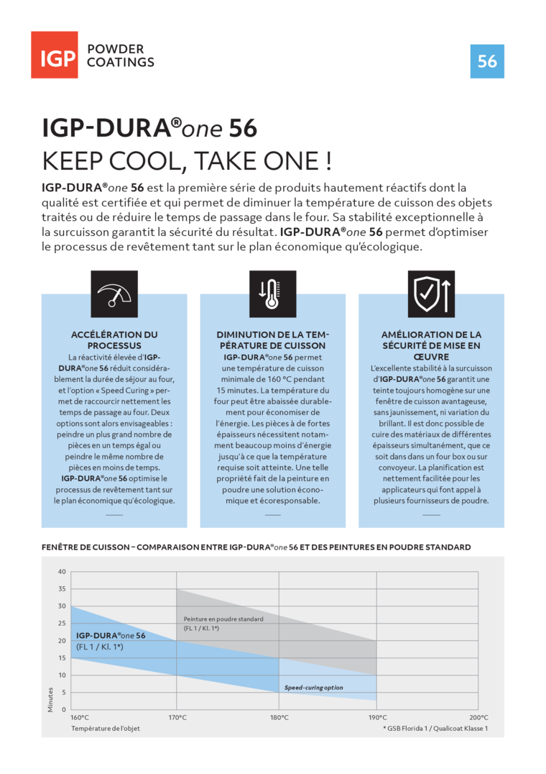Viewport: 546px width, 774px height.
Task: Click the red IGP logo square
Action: pyautogui.click(x=55, y=55)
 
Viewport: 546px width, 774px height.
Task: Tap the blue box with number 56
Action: pyautogui.click(x=487, y=61)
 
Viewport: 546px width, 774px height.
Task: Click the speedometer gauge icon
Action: pyautogui.click(x=114, y=293)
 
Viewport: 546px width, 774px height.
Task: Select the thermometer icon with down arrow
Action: pyautogui.click(x=272, y=293)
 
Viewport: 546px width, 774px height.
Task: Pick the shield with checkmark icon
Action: pyautogui.click(x=431, y=293)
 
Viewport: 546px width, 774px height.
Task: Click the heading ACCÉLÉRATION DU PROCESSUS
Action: pyautogui.click(x=114, y=340)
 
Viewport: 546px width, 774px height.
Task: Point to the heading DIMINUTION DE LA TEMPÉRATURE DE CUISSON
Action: pyautogui.click(x=272, y=340)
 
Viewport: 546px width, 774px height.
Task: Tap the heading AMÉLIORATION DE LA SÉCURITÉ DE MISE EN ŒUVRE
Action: pyautogui.click(x=431, y=345)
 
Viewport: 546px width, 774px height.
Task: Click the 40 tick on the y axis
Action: pyautogui.click(x=62, y=572)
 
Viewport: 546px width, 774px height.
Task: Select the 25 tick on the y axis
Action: pyautogui.click(x=62, y=624)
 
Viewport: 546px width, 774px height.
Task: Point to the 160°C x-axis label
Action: pyautogui.click(x=80, y=718)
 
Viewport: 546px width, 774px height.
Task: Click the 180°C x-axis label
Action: pyautogui.click(x=279, y=718)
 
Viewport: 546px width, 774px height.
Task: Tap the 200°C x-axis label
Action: pyautogui.click(x=478, y=718)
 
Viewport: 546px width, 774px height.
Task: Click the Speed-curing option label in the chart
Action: pyautogui.click(x=313, y=688)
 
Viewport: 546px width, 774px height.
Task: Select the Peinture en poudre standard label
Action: pyautogui.click(x=223, y=619)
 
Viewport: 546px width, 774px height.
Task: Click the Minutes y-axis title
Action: pyautogui.click(x=50, y=698)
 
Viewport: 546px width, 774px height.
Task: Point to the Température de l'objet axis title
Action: pyautogui.click(x=106, y=729)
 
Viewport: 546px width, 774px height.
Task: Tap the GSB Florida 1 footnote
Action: pyautogui.click(x=435, y=729)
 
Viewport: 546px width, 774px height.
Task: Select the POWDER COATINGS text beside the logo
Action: pyautogui.click(x=120, y=56)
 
